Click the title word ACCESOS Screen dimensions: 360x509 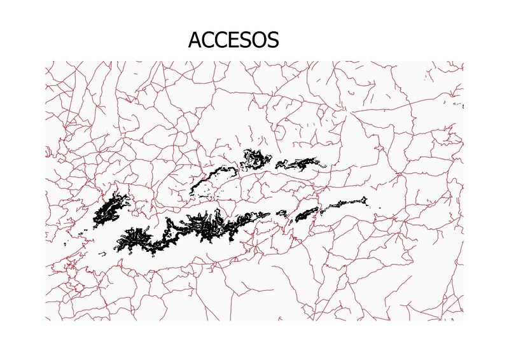click(x=234, y=40)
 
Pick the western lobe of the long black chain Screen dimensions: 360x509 click(x=137, y=239)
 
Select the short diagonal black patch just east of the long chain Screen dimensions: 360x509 click(x=305, y=214)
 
